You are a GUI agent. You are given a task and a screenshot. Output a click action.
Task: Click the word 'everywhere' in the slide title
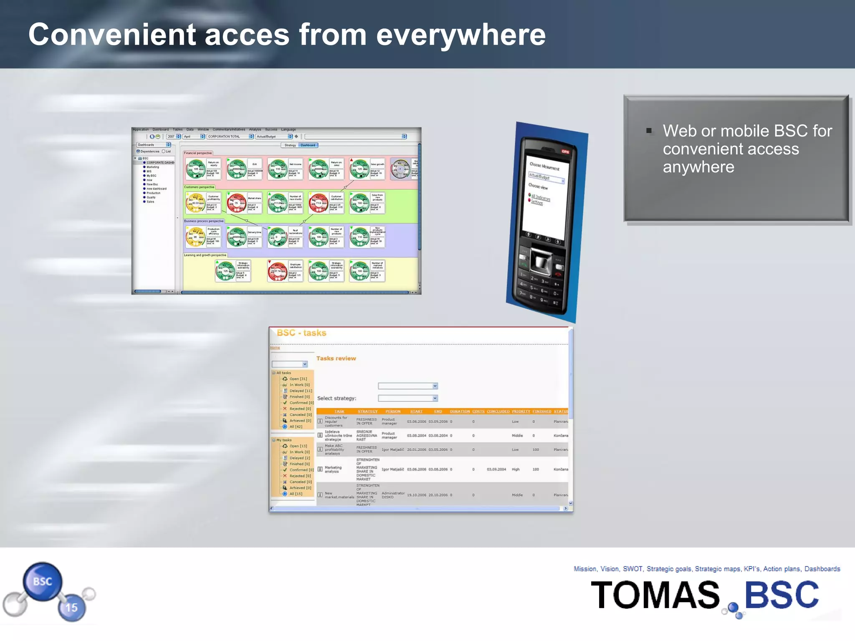click(461, 35)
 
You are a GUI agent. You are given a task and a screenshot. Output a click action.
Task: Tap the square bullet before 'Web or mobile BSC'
click(649, 131)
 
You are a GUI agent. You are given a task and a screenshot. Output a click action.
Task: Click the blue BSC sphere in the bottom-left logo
click(43, 581)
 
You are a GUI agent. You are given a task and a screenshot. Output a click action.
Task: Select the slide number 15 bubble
click(71, 608)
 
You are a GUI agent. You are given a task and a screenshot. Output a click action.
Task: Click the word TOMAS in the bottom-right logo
click(655, 595)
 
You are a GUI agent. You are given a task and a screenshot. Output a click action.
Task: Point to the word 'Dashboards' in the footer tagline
click(822, 569)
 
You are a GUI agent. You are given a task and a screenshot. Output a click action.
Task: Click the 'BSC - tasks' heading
click(301, 333)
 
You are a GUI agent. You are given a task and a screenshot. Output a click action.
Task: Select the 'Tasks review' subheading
click(336, 358)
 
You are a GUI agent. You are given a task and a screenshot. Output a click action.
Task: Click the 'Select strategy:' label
click(336, 399)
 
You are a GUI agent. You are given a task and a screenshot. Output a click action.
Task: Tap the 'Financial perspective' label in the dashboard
click(198, 153)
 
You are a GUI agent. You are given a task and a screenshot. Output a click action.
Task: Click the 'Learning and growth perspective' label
click(205, 255)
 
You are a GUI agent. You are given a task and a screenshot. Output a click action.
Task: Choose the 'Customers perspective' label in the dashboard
click(199, 187)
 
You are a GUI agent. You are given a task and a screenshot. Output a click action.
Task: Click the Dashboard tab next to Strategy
click(309, 145)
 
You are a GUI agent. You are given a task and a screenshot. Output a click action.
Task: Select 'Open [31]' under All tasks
click(298, 379)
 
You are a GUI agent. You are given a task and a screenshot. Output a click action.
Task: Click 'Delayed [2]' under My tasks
click(299, 458)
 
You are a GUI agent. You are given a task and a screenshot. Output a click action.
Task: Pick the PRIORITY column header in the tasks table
click(521, 411)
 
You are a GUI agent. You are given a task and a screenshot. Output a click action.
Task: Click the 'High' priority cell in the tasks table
click(516, 469)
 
